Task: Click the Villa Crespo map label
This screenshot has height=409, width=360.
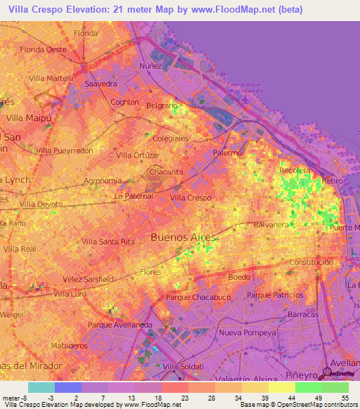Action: pyautogui.click(x=191, y=198)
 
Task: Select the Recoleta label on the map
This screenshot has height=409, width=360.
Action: pyautogui.click(x=294, y=171)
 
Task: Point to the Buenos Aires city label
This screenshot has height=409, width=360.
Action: pyautogui.click(x=184, y=238)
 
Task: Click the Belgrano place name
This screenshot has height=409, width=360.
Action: pyautogui.click(x=162, y=105)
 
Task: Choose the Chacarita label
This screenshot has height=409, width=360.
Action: pyautogui.click(x=166, y=171)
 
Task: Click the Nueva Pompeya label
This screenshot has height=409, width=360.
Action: pyautogui.click(x=243, y=332)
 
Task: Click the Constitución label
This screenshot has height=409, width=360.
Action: pyautogui.click(x=310, y=262)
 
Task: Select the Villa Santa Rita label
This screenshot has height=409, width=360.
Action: pyautogui.click(x=108, y=242)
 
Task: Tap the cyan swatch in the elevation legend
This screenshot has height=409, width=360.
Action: pyautogui.click(x=41, y=387)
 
